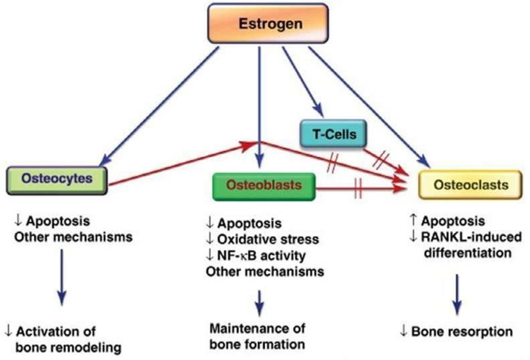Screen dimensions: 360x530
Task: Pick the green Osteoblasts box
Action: (x=263, y=188)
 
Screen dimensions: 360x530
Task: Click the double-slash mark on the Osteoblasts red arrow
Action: (x=359, y=188)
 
